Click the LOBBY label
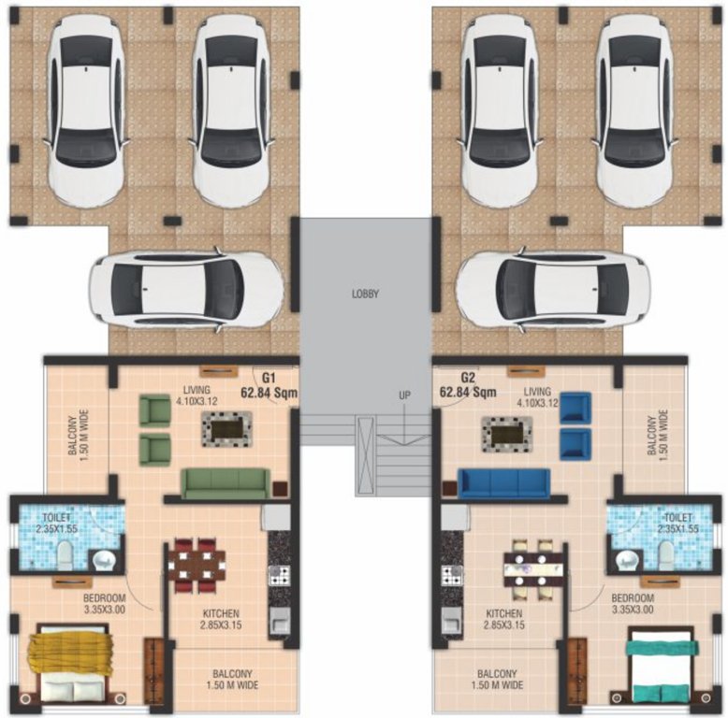(x=365, y=294)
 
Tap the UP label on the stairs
(x=404, y=395)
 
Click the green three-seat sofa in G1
(x=225, y=483)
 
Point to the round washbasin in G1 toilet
(x=103, y=560)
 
